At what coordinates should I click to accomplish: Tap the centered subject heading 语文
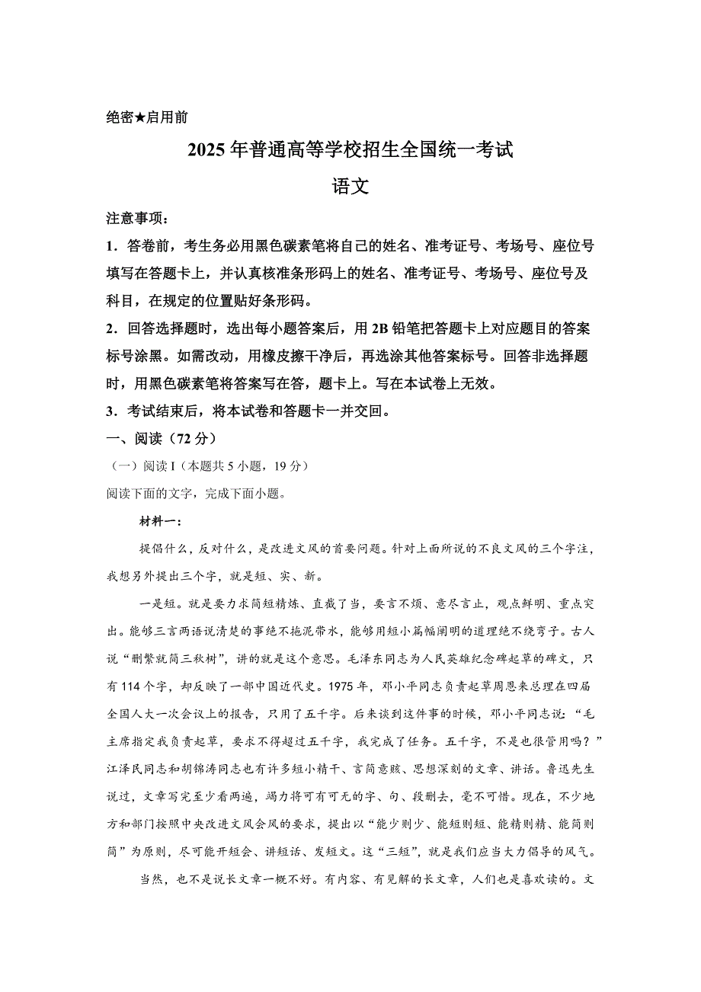(x=350, y=186)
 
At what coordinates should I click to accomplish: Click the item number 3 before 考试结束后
(x=110, y=411)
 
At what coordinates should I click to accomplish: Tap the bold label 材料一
(x=158, y=522)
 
